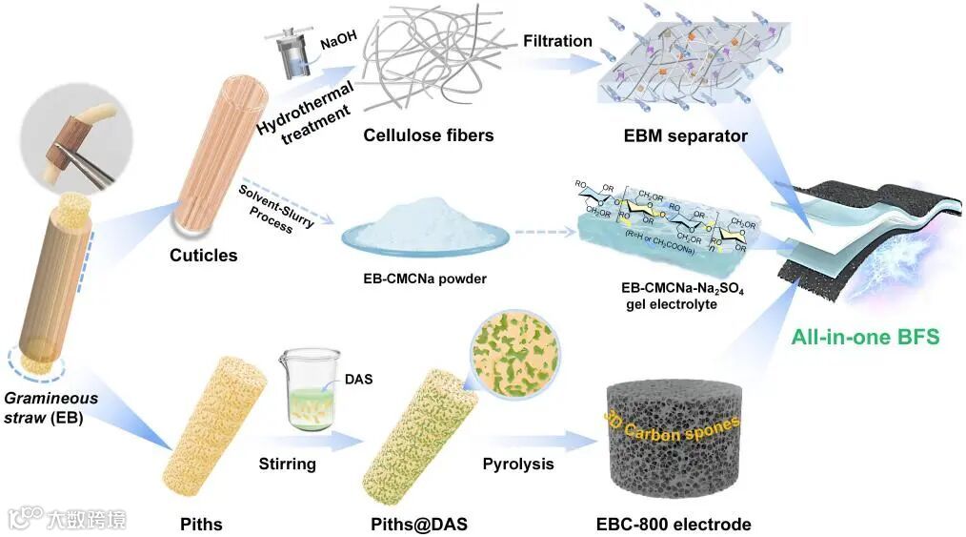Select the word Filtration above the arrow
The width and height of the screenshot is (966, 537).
557,41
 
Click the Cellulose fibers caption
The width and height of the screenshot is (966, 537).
429,135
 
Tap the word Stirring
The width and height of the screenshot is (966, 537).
288,465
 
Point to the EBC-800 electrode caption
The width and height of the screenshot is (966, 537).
673,524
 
